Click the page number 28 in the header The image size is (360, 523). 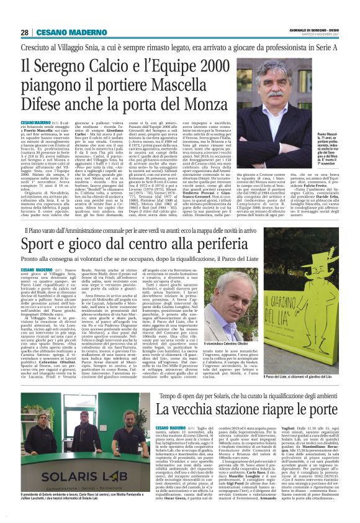25,32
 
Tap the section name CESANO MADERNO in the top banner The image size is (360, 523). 63,32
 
